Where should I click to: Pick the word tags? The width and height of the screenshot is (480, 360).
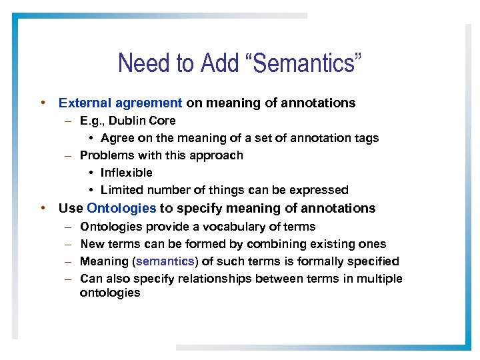coord(365,138)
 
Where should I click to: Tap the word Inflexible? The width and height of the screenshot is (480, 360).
coord(127,173)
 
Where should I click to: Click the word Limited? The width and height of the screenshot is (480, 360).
coord(123,190)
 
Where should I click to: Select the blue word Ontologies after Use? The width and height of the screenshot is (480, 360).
coord(121,208)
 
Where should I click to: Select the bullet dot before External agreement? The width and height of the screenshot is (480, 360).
coord(42,103)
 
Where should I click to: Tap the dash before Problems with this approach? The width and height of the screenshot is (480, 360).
coord(68,155)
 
